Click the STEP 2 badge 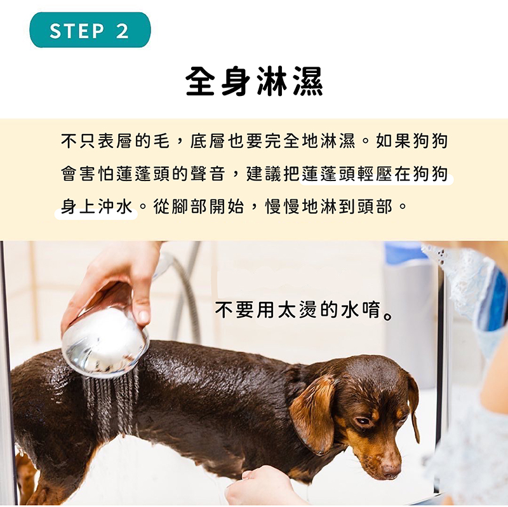click(90, 30)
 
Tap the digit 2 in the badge click(122, 30)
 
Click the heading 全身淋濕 click(255, 81)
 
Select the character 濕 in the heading click(308, 81)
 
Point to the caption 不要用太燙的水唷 click(304, 311)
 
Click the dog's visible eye click(363, 421)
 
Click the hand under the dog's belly click(259, 486)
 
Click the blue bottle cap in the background click(405, 252)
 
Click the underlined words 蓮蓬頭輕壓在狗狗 click(375, 173)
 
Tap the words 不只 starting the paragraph click(79, 140)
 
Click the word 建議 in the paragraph click(264, 173)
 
